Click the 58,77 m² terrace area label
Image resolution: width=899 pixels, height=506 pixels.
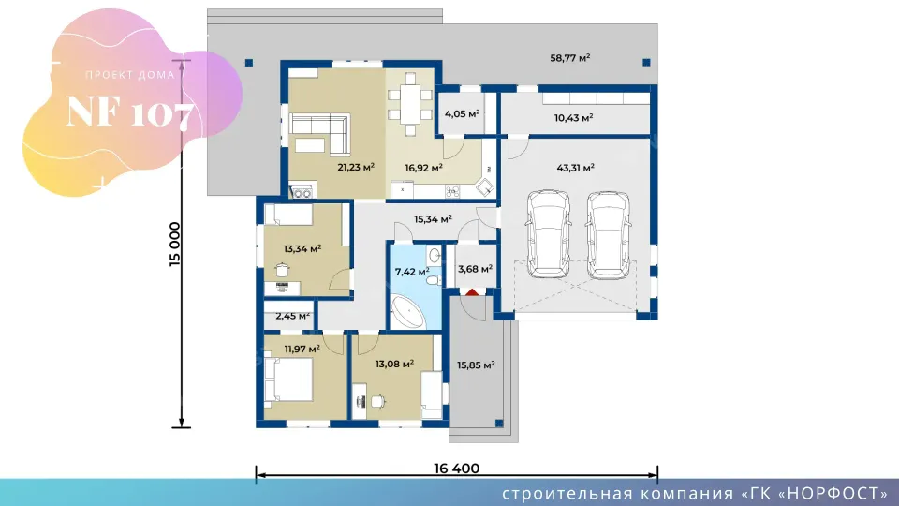click(x=570, y=58)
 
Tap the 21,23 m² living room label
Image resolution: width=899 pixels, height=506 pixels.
click(x=356, y=167)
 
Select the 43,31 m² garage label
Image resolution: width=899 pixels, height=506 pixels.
click(x=575, y=168)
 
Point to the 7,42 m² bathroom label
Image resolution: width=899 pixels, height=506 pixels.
click(x=412, y=272)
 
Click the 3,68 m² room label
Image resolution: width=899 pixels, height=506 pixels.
click(x=475, y=269)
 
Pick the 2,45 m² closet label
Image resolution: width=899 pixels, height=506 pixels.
click(x=292, y=316)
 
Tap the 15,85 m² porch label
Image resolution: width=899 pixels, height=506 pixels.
click(x=476, y=365)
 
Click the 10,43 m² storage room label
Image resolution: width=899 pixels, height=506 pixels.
click(x=573, y=118)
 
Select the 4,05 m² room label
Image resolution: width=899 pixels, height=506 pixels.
click(x=462, y=113)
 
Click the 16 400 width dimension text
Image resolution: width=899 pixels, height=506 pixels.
click(x=456, y=469)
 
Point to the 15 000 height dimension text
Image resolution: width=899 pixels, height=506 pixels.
click(x=175, y=244)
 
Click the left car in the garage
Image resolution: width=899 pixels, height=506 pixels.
click(x=548, y=234)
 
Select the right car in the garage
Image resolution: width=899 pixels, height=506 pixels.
click(x=609, y=235)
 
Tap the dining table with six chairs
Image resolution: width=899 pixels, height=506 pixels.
click(x=410, y=104)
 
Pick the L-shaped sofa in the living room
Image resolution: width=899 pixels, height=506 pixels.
click(x=320, y=133)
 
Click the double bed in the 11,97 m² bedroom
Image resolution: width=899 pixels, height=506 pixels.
click(x=290, y=379)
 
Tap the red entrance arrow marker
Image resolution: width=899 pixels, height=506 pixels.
click(x=471, y=292)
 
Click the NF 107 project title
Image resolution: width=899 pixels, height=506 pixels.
click(x=130, y=112)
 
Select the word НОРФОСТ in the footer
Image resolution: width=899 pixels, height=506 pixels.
click(x=834, y=494)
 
